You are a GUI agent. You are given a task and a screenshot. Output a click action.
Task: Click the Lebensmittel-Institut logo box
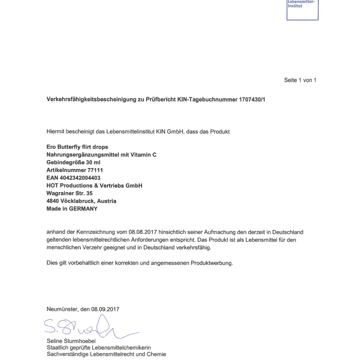(x=302, y=9)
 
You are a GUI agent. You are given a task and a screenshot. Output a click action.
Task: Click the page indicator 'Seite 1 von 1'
(x=300, y=80)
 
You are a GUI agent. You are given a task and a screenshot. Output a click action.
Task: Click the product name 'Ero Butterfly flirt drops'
(x=77, y=147)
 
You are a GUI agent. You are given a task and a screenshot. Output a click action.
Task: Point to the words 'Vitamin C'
(x=144, y=155)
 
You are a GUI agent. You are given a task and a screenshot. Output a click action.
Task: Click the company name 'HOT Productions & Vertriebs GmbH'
(x=94, y=186)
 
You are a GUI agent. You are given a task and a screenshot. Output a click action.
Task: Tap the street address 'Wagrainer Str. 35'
(x=70, y=193)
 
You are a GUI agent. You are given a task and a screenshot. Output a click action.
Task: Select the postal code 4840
(x=53, y=201)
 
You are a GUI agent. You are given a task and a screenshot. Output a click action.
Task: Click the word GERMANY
(x=83, y=209)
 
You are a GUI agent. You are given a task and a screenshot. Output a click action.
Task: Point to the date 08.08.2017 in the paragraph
(x=143, y=233)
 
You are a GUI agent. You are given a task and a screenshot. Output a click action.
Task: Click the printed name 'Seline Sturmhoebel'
(x=71, y=341)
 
